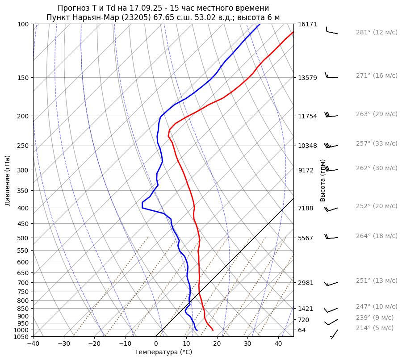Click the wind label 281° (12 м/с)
pos(377,33)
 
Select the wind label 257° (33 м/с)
pos(377,144)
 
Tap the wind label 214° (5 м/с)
pos(375,328)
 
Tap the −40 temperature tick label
pos(33,344)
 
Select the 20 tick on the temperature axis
pos(217,344)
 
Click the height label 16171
pos(307,24)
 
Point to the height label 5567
pos(306,238)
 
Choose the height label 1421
pos(306,309)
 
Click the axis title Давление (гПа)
pos(8,180)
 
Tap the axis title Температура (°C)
pos(163,352)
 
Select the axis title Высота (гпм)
pos(323,180)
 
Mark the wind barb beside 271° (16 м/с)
pos(331,76)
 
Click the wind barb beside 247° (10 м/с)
pos(331,310)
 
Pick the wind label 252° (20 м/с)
pos(377,206)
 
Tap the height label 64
pos(302,330)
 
